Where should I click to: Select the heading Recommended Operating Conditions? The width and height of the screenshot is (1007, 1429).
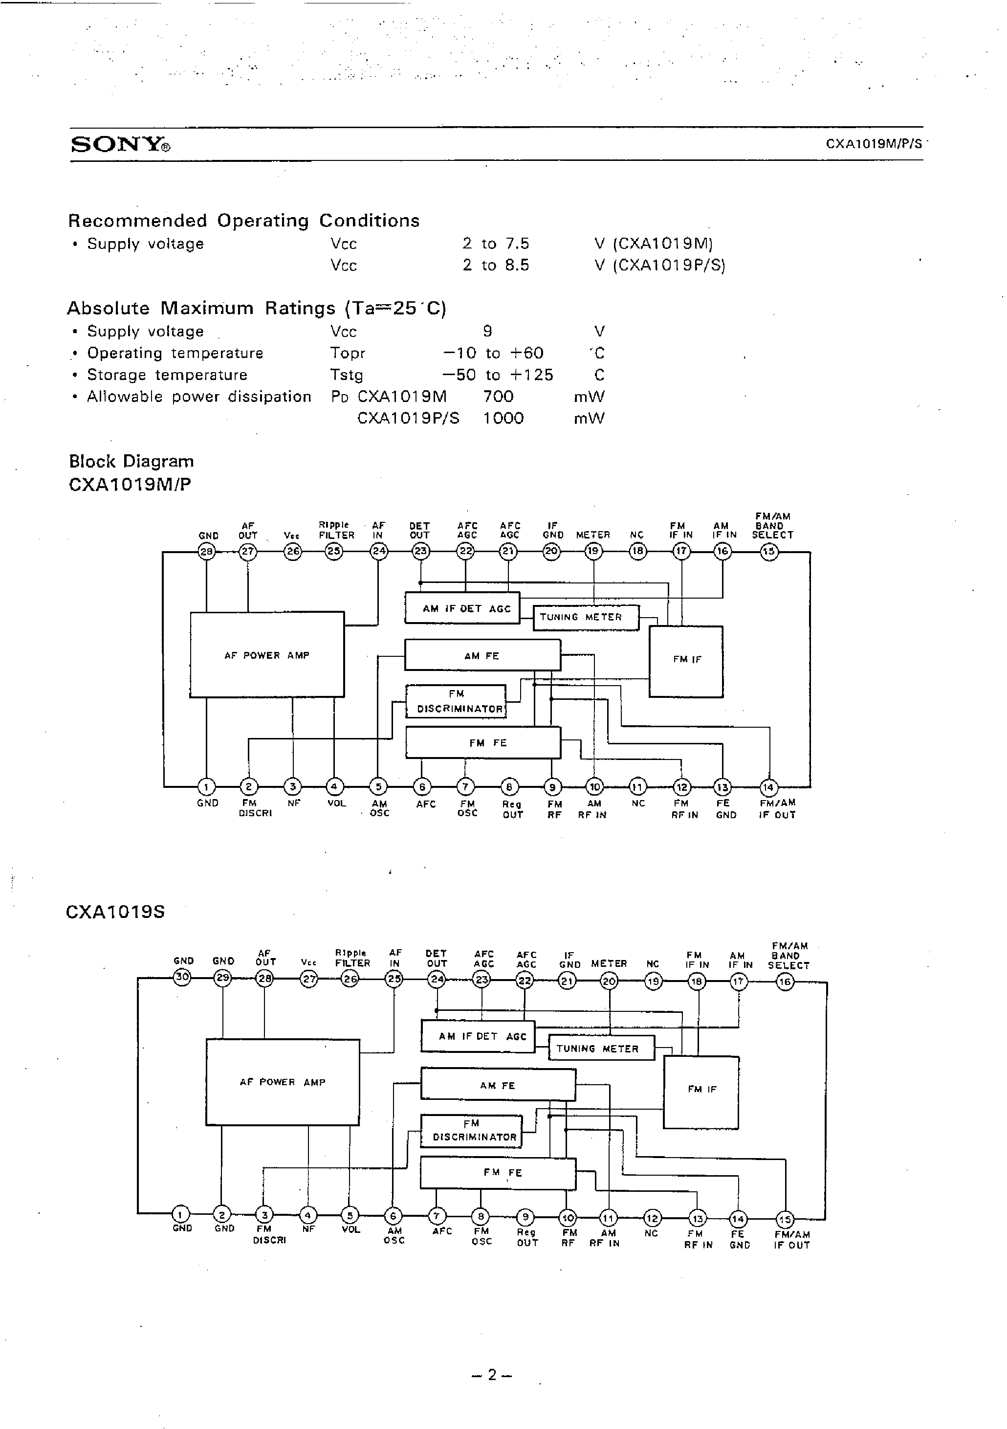coord(243,221)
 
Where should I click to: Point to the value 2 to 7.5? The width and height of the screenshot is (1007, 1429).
coord(495,244)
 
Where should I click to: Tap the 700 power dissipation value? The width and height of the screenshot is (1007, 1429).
coord(498,397)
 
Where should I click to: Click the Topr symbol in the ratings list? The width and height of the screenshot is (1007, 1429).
coord(347,353)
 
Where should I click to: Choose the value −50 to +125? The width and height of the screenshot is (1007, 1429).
coord(497,375)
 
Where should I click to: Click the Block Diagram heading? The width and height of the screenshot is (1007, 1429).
coord(131,461)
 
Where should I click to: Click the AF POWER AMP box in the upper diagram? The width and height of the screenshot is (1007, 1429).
coord(267,655)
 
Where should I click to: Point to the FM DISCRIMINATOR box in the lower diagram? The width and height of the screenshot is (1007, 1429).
coord(471,1131)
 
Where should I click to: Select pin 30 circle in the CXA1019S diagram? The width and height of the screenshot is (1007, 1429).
coord(182,977)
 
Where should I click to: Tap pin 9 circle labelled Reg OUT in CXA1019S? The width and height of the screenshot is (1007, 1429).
coord(525,1217)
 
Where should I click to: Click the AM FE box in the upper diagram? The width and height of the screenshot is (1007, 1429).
coord(482,655)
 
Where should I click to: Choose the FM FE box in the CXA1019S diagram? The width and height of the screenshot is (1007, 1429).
coord(498,1173)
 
